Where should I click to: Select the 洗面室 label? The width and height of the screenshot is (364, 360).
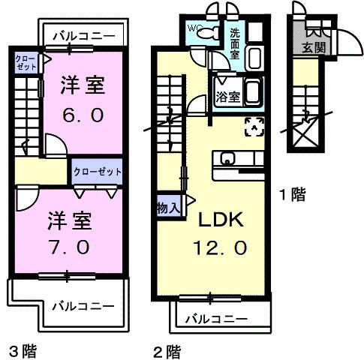[x=236, y=43]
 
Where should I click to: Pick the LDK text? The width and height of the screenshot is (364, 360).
[x=219, y=220]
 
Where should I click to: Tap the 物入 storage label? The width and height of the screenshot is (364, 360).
[x=167, y=207]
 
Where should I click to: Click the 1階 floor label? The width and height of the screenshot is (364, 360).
[x=293, y=196]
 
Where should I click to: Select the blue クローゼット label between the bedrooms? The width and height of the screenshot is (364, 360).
[x=98, y=171]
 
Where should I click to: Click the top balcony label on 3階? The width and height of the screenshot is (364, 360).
[x=84, y=34]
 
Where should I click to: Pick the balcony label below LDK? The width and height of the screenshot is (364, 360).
[x=216, y=319]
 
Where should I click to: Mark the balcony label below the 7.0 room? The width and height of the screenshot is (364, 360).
[x=83, y=306]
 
